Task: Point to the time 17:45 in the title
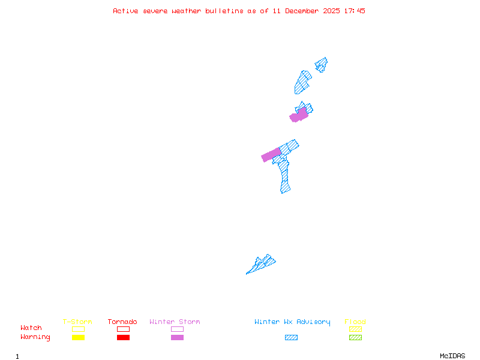(x=355, y=11)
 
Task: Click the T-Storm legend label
(x=77, y=322)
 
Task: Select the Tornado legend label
(x=122, y=322)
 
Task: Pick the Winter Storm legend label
(x=175, y=322)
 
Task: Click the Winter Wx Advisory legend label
(x=292, y=322)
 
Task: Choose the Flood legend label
(x=355, y=322)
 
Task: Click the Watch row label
(x=31, y=328)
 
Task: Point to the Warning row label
(x=35, y=337)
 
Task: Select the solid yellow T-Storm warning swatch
(x=78, y=338)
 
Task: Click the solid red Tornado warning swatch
(x=123, y=338)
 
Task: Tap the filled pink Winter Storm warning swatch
(x=177, y=338)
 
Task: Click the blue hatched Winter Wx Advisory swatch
(x=291, y=338)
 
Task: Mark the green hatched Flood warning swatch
(x=355, y=338)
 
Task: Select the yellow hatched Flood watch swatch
(x=355, y=329)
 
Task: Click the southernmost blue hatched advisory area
(x=262, y=265)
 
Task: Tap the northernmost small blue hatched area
(x=322, y=64)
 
